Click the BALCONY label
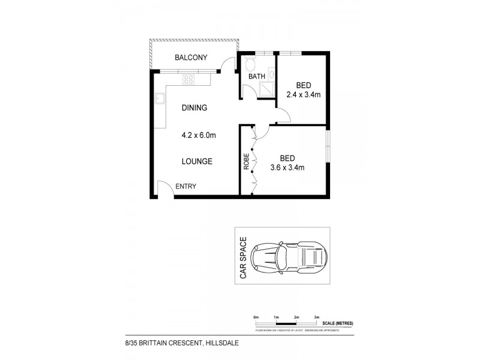click(x=190, y=58)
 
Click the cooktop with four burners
click(x=188, y=79)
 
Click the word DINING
click(x=194, y=108)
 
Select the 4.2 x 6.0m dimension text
click(x=198, y=135)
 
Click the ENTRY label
click(x=185, y=187)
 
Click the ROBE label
click(x=246, y=162)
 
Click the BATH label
click(x=257, y=77)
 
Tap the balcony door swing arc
click(x=226, y=62)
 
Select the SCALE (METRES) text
click(x=337, y=323)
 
